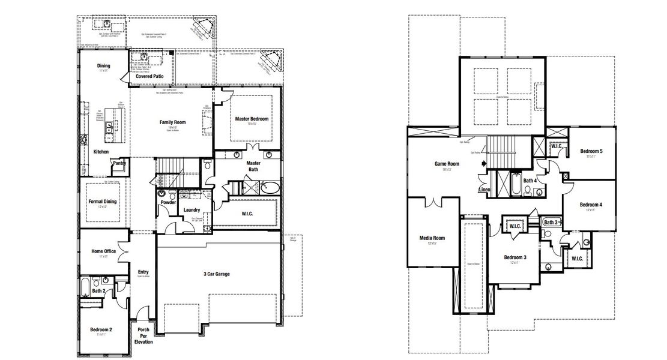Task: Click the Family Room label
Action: pos(172,122)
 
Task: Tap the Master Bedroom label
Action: pos(252,119)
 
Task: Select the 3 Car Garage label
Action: pos(216,274)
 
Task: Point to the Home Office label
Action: pos(104,251)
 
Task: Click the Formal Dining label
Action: pos(103,202)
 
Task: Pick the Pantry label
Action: pos(119,163)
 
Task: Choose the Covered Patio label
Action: pos(149,77)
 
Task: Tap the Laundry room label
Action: pos(192,209)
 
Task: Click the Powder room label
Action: pos(168,202)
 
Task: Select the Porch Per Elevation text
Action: pos(143,336)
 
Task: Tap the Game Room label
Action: pos(447,164)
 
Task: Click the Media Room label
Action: pos(432,238)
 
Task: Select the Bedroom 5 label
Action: pos(591,151)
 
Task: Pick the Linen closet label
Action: pos(484,190)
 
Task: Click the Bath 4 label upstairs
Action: pos(530,180)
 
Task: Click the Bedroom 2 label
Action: pos(101,330)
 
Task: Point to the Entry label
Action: pos(143,272)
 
